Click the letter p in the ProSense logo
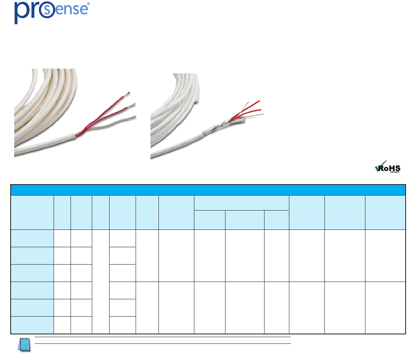pyautogui.click(x=21, y=13)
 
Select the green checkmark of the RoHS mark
pyautogui.click(x=378, y=168)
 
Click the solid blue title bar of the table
pyautogui.click(x=208, y=190)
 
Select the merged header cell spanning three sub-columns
pyautogui.click(x=241, y=203)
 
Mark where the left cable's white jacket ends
pyautogui.click(x=81, y=130)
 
